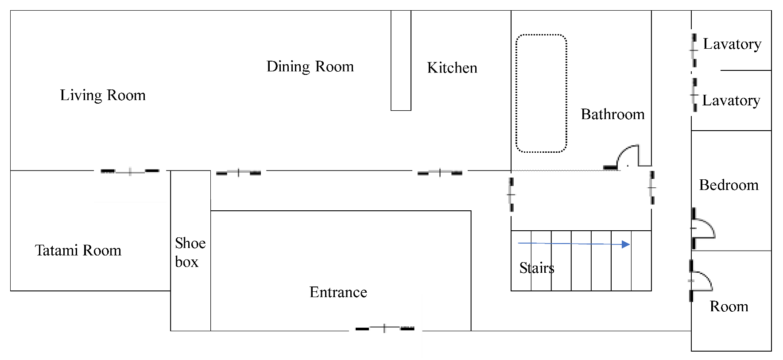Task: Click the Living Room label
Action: pyautogui.click(x=103, y=95)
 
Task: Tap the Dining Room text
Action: pyautogui.click(x=310, y=66)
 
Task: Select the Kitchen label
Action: pyautogui.click(x=452, y=68)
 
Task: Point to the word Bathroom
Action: pyautogui.click(x=612, y=114)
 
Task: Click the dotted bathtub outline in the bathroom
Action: pyautogui.click(x=516, y=93)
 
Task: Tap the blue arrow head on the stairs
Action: pyautogui.click(x=626, y=244)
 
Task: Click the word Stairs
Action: pyautogui.click(x=537, y=268)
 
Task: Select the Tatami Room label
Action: pyautogui.click(x=78, y=251)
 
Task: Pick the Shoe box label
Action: pyautogui.click(x=190, y=252)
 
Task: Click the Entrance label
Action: pyautogui.click(x=338, y=292)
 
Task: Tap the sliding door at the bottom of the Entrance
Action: pyautogui.click(x=384, y=329)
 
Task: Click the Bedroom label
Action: pyautogui.click(x=729, y=185)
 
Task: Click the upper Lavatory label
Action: pyautogui.click(x=732, y=44)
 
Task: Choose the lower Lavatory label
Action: pyautogui.click(x=731, y=101)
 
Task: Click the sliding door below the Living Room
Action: pyautogui.click(x=130, y=171)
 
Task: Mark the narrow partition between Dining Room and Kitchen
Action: pyautogui.click(x=401, y=60)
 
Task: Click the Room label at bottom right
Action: pyautogui.click(x=729, y=306)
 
